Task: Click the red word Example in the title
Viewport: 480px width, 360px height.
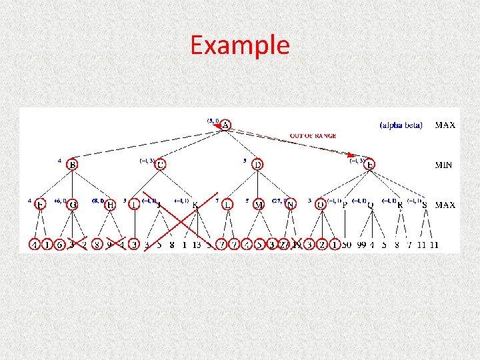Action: click(x=240, y=45)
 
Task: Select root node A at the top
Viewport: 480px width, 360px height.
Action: click(x=226, y=125)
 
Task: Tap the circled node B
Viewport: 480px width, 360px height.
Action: click(x=73, y=165)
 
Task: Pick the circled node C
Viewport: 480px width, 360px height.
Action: click(x=161, y=164)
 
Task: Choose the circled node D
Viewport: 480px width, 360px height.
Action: click(x=258, y=164)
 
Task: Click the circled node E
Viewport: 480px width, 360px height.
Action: click(x=370, y=164)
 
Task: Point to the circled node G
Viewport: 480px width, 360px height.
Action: click(x=72, y=205)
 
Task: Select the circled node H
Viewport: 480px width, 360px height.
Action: click(x=111, y=205)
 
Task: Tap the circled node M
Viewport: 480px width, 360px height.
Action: click(x=259, y=205)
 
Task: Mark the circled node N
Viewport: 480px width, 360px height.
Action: click(x=290, y=205)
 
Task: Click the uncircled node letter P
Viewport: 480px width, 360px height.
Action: click(x=345, y=205)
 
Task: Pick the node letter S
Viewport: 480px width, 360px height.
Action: click(x=425, y=205)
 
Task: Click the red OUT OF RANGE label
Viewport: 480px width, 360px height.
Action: click(x=313, y=136)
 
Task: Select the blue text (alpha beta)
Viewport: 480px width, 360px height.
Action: click(x=401, y=125)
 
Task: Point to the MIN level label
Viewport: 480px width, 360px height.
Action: click(x=443, y=165)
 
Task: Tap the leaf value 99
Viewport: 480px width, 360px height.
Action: click(x=361, y=245)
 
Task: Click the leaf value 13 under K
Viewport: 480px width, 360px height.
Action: click(x=197, y=245)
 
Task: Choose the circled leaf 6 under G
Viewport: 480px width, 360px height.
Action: click(x=60, y=245)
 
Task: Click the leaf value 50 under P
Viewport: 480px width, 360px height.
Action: click(x=346, y=245)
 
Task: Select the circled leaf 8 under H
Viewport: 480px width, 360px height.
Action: click(x=97, y=245)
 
